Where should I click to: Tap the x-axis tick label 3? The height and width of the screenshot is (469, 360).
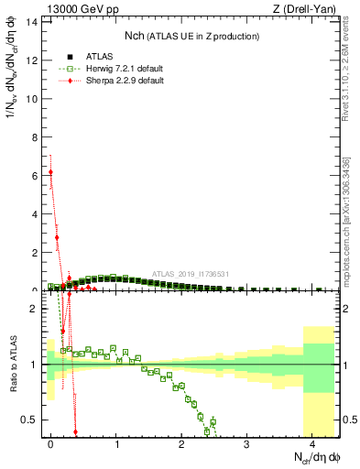pyautogui.click(x=246, y=444)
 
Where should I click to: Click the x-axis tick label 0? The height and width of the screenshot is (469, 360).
pyautogui.click(x=51, y=444)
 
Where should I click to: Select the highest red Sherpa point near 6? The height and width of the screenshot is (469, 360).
pyautogui.click(x=51, y=171)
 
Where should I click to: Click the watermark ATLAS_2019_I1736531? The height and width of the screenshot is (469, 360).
pyautogui.click(x=190, y=273)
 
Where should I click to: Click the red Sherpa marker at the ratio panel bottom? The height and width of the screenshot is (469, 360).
pyautogui.click(x=75, y=432)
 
